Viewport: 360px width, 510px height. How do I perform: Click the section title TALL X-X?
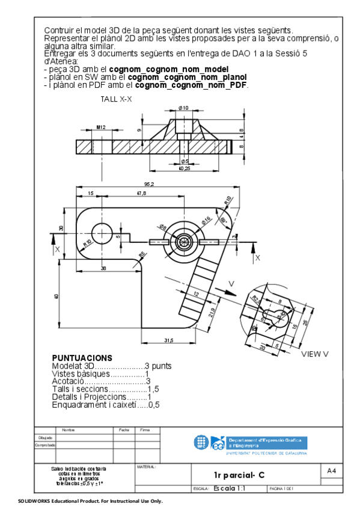[x=116, y=99]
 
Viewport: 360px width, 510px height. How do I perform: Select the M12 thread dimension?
[x=101, y=127]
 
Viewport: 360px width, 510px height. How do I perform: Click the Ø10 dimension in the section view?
[x=183, y=108]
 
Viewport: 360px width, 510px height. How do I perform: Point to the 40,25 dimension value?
[x=185, y=169]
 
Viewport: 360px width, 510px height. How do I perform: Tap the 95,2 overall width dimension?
[x=149, y=183]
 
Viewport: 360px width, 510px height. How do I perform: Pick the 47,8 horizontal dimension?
[x=141, y=193]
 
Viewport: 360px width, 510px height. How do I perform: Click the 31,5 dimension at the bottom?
[x=169, y=341]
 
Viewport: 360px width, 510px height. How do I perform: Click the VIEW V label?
[x=314, y=354]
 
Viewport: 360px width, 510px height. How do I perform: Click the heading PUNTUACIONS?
[x=82, y=358]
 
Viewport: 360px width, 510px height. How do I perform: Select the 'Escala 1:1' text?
[x=228, y=489]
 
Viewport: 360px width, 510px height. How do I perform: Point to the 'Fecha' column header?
[x=124, y=430]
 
